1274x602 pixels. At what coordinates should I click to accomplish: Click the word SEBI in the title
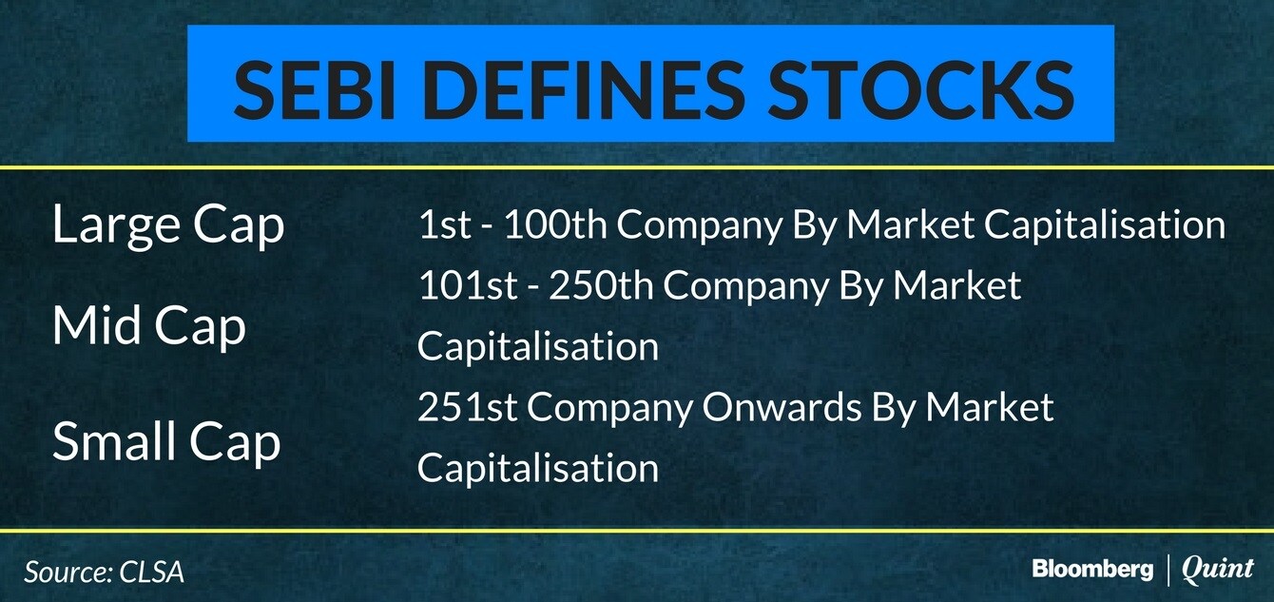[x=314, y=90]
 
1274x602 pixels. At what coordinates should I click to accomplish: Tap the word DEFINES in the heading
[x=582, y=90]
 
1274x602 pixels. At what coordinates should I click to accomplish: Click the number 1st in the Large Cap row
[x=445, y=223]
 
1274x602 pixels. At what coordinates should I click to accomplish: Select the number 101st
[x=468, y=284]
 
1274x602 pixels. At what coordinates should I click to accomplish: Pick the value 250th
[x=601, y=284]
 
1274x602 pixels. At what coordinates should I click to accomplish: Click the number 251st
[x=468, y=407]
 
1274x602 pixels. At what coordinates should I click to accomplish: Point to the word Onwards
[x=782, y=407]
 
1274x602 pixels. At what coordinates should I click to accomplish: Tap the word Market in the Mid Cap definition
[x=957, y=284]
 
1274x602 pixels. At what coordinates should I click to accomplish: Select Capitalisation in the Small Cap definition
[x=538, y=468]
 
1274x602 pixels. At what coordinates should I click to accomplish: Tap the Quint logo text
[x=1217, y=569]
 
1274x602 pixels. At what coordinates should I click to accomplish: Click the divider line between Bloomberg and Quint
[x=1168, y=569]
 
